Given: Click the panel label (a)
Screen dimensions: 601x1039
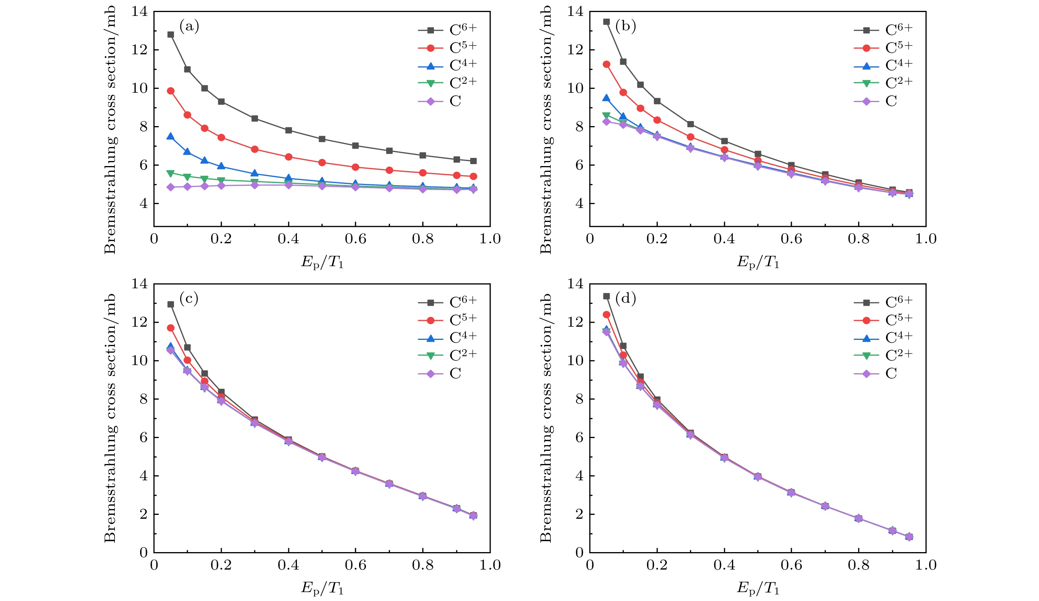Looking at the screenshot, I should [x=189, y=27].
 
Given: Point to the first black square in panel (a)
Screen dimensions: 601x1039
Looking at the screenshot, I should [x=170, y=34].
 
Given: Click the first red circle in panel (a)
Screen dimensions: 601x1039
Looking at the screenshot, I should [x=170, y=91].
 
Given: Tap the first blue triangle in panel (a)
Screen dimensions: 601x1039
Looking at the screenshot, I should [x=170, y=137].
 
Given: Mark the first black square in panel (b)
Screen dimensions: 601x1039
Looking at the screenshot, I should [x=606, y=21].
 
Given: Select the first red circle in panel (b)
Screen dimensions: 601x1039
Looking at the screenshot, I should [x=606, y=64].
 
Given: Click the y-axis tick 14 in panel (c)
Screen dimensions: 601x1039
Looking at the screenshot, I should [x=139, y=284].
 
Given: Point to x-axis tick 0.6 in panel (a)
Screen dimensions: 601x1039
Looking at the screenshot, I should [x=356, y=239].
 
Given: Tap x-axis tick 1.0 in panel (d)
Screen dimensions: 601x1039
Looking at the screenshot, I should [x=926, y=565].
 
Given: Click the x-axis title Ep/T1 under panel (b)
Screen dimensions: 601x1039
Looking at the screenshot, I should [x=758, y=262].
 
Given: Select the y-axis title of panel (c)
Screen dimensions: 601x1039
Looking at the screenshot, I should [x=110, y=418].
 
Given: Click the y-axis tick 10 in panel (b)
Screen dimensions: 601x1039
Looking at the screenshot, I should [x=575, y=88].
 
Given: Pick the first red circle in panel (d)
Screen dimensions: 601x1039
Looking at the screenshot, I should [x=606, y=315].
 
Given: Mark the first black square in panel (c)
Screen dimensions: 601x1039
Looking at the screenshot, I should [x=170, y=304].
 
